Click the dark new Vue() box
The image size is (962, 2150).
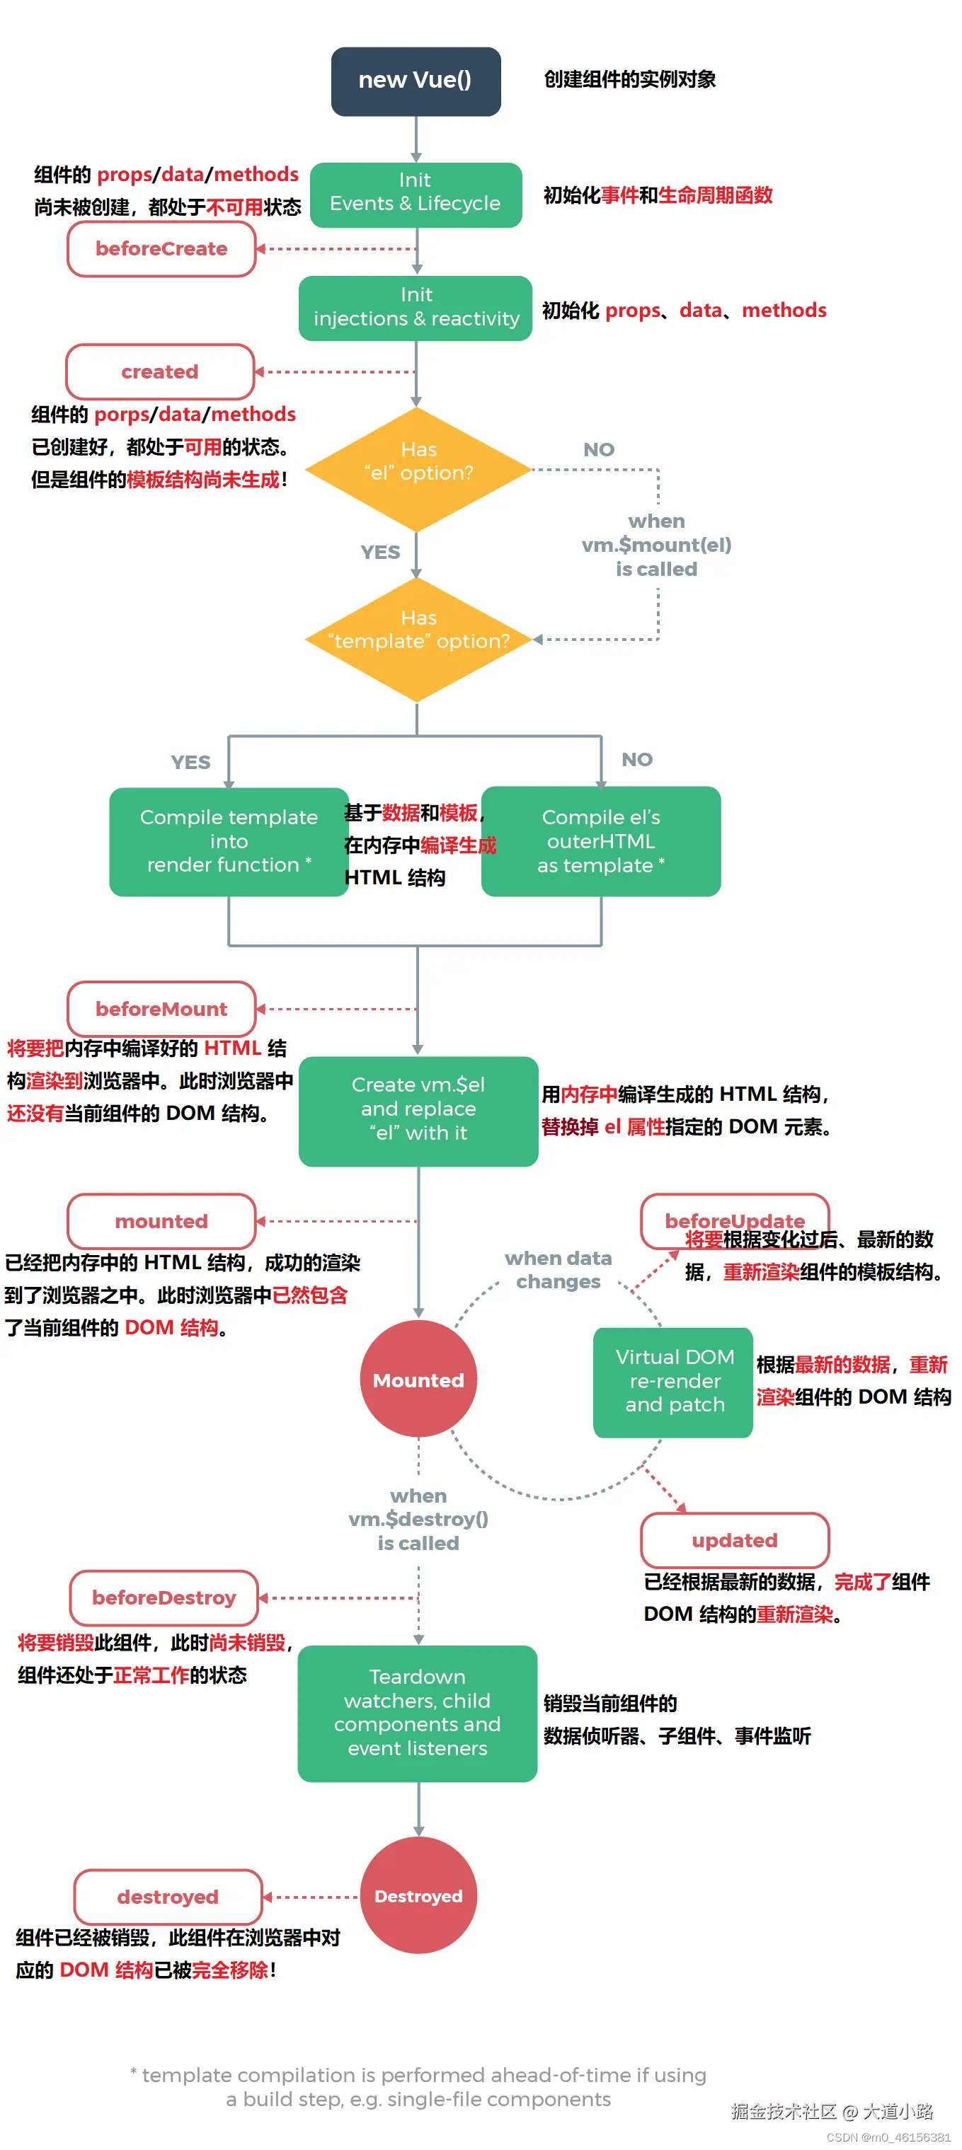(x=415, y=81)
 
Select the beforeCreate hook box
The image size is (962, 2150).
(x=161, y=249)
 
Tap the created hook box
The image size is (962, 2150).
(x=159, y=371)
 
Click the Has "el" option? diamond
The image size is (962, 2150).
(x=418, y=469)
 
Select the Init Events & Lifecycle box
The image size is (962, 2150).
(x=415, y=195)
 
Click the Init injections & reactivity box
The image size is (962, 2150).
(x=415, y=308)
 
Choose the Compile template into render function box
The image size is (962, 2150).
(x=228, y=841)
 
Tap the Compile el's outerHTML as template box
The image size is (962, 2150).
(x=600, y=841)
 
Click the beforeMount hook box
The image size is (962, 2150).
(x=161, y=1008)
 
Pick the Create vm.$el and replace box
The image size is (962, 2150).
(x=418, y=1110)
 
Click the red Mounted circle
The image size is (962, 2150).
(x=418, y=1379)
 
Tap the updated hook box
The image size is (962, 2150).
(x=734, y=1540)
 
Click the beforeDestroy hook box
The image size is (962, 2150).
(x=164, y=1597)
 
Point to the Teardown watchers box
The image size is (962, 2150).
(x=417, y=1713)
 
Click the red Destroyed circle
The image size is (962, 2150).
(x=418, y=1895)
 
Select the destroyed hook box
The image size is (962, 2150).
(x=168, y=1896)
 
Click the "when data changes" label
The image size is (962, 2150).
(x=558, y=1269)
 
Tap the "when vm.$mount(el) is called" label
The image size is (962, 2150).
(x=656, y=545)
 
